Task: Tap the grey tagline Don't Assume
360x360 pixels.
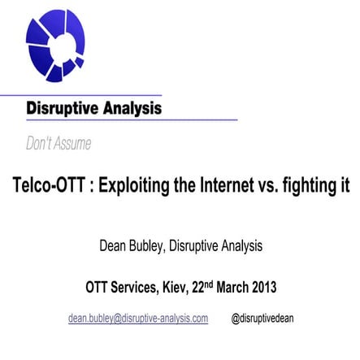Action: (59, 144)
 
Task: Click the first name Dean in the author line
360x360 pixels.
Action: (113, 245)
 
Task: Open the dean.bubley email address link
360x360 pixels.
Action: (138, 318)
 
